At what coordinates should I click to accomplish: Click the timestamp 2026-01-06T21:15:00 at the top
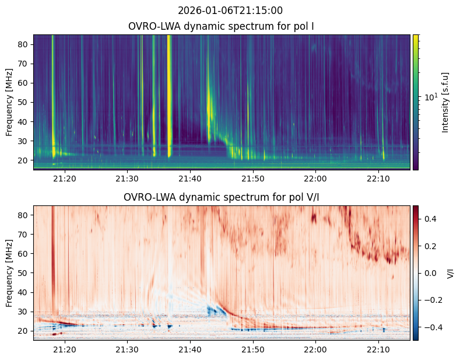230,11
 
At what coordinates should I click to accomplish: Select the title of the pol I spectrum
222,26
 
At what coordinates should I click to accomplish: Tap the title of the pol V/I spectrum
221,197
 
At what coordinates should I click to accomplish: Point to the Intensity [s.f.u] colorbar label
446,102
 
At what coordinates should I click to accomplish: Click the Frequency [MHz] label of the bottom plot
9,272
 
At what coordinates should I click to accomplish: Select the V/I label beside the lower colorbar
450,272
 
